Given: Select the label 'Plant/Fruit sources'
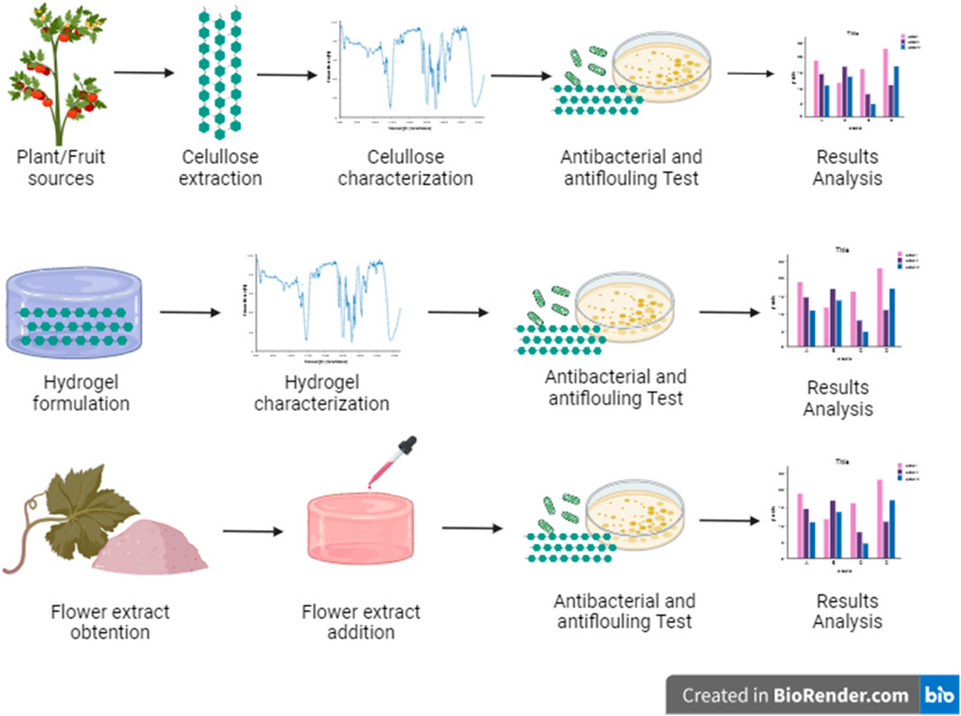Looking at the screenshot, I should point(60,168).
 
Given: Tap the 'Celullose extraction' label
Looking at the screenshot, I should point(220,168).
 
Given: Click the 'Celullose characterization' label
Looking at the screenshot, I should point(405,168).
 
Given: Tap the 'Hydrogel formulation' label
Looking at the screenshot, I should point(81,391).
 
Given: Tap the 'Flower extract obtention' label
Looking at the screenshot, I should point(110,622).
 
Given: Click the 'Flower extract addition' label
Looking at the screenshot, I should point(361,622).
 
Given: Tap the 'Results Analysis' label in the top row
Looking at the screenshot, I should point(846,168).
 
